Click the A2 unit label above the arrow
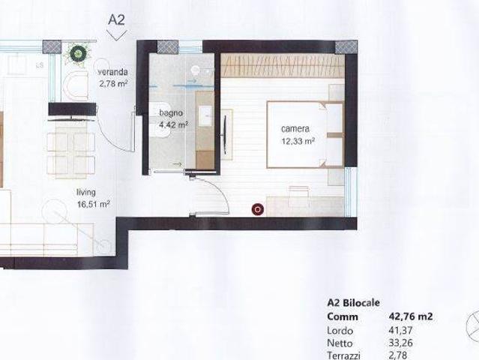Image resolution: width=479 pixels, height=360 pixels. pyautogui.click(x=116, y=19)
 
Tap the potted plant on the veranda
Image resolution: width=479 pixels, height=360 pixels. pyautogui.click(x=76, y=53)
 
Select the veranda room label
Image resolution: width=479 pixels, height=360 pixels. pyautogui.click(x=112, y=72)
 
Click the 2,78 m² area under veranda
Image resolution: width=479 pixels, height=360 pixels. pyautogui.click(x=113, y=83)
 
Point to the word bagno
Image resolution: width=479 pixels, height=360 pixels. pyautogui.click(x=171, y=113)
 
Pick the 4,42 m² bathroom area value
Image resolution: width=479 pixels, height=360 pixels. pyautogui.click(x=173, y=124)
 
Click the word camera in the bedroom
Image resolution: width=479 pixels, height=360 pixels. pyautogui.click(x=295, y=129)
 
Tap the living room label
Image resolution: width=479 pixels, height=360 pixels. pyautogui.click(x=86, y=192)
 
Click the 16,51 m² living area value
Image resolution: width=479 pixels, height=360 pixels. pyautogui.click(x=94, y=204)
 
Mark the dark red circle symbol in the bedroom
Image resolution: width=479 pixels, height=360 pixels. pyautogui.click(x=258, y=209)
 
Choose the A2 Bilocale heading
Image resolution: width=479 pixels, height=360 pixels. pyautogui.click(x=354, y=302)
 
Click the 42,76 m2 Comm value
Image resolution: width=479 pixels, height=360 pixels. pyautogui.click(x=411, y=316)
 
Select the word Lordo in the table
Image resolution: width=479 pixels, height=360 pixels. pyautogui.click(x=340, y=330)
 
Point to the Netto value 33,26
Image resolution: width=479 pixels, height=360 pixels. pyautogui.click(x=400, y=343)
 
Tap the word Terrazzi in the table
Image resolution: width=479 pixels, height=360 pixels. pyautogui.click(x=343, y=355)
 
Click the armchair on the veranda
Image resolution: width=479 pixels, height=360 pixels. pyautogui.click(x=75, y=85)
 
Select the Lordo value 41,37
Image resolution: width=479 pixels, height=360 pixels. pyautogui.click(x=400, y=330)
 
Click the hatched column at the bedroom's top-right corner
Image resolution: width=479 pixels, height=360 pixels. pyautogui.click(x=346, y=47)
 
